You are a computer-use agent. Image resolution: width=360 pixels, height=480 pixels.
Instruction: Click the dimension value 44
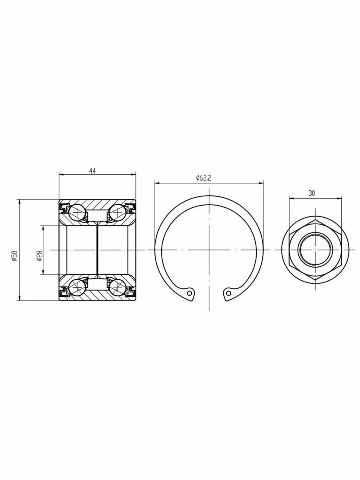coord(92,171)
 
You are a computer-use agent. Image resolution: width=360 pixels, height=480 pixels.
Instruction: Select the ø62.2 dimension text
coord(204,178)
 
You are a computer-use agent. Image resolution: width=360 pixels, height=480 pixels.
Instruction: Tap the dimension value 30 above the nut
coord(312,193)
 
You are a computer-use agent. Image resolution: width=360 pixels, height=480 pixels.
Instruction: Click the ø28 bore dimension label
coord(40,256)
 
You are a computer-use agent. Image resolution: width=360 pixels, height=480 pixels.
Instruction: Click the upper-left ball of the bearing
coord(77,212)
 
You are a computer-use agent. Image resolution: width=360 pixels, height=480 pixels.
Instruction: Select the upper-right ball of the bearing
coord(117,212)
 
